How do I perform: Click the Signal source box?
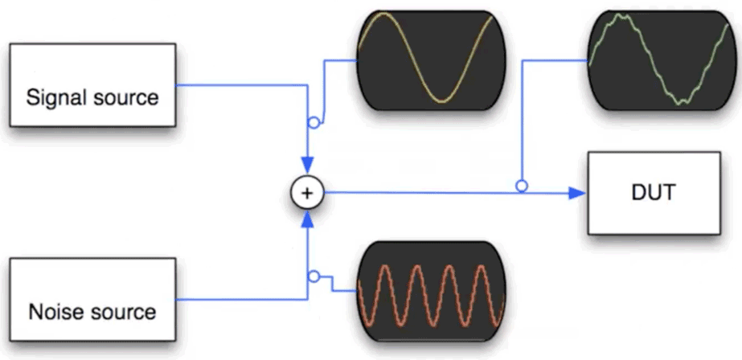tap(92, 85)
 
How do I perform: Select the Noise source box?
tap(92, 299)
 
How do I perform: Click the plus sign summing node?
tap(305, 193)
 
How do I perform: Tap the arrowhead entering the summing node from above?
tap(305, 166)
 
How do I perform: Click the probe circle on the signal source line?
tap(315, 123)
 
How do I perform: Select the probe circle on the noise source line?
tap(315, 276)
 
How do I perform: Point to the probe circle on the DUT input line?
tap(522, 186)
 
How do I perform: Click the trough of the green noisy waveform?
tap(682, 101)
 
